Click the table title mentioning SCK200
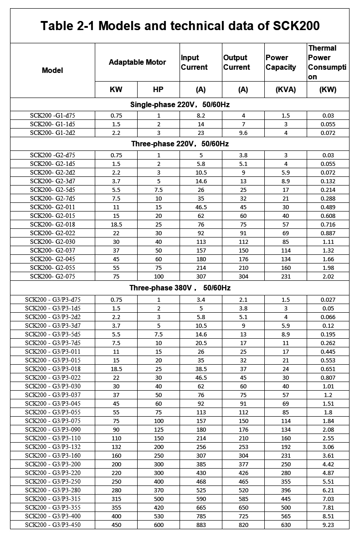[180, 26]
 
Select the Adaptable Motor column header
[137, 62]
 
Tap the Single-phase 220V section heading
[180, 105]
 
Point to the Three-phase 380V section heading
[180, 288]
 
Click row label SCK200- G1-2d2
[52, 133]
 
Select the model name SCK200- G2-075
[52, 277]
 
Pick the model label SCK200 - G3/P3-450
[52, 525]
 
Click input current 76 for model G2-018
[201, 225]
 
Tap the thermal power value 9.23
[328, 525]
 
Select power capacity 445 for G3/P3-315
[286, 499]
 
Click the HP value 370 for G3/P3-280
[159, 491]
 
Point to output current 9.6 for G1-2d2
[243, 133]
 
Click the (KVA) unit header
[286, 90]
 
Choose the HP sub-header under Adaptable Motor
[158, 90]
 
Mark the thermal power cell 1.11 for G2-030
[328, 242]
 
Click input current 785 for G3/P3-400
[201, 516]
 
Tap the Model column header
[52, 71]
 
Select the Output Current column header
[237, 62]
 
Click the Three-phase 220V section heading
[180, 144]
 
